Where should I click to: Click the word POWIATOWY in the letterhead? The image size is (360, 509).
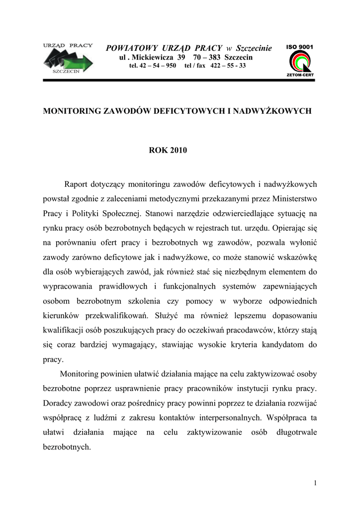(131, 48)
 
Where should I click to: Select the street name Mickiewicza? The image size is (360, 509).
(149, 58)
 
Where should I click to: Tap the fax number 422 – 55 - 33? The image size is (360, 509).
(228, 66)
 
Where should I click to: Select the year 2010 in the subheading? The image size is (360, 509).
(178, 150)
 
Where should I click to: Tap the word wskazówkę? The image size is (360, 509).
(294, 258)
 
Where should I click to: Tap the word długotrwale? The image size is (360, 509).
(296, 432)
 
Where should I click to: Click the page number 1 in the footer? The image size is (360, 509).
(315, 483)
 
